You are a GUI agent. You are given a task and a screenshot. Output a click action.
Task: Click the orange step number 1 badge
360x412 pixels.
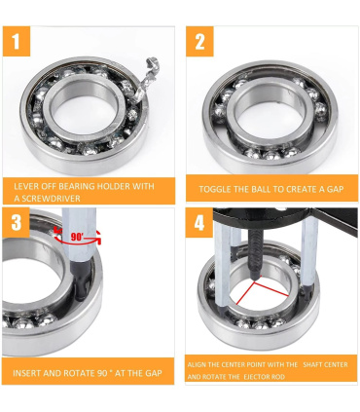17,41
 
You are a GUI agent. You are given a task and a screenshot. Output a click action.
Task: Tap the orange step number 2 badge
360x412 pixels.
199,41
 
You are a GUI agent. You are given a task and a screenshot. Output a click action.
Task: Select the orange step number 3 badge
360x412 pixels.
16,222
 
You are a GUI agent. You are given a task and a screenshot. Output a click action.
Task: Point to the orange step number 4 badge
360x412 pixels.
199,223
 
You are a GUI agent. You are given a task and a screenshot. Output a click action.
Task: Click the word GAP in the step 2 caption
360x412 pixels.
336,189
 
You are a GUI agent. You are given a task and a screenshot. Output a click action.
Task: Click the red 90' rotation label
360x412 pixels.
78,237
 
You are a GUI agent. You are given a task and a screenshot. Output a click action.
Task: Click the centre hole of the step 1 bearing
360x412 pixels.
85,110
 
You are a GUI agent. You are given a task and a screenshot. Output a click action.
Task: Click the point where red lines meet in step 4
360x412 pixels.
254,282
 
